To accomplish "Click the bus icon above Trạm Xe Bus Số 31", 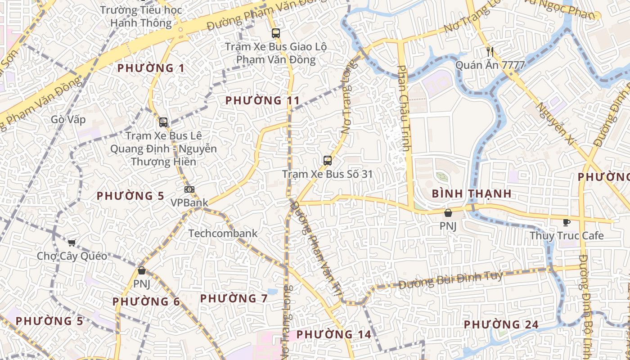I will pos(328,160).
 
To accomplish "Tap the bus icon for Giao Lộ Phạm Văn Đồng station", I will pos(275,33).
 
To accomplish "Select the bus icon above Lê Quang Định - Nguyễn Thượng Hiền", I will pos(163,122).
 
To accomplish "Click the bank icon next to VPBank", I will pos(189,189).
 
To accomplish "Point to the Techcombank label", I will pos(223,233).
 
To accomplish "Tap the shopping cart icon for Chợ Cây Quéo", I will pos(72,243).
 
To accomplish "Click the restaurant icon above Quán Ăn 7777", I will pos(490,52).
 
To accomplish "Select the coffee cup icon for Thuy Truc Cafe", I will pos(566,222).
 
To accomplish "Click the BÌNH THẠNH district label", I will pos(472,194).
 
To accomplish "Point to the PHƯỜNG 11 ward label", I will pos(262,100).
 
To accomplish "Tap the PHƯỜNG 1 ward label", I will pos(151,68).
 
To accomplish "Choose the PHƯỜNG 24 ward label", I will pos(501,324).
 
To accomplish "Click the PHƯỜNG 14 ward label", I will pos(334,334).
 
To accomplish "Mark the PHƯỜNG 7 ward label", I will pos(234,298).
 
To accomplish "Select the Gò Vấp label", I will pos(68,119).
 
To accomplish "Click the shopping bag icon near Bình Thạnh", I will pos(448,213).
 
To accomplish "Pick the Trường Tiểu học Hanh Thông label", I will pos(141,16).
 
